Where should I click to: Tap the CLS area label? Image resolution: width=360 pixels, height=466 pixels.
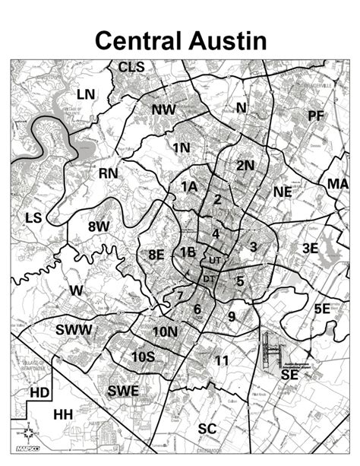tap(131, 68)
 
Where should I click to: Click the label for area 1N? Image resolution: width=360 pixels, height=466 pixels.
tap(182, 147)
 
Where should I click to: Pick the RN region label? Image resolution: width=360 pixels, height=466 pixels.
tap(109, 173)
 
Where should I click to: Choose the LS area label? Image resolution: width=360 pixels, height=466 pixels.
tap(33, 218)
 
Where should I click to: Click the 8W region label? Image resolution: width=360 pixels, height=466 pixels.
tap(99, 226)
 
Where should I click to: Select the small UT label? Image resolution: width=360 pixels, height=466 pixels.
tap(214, 260)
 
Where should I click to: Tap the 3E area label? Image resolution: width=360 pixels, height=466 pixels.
tap(310, 248)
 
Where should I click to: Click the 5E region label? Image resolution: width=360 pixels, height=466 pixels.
tap(322, 308)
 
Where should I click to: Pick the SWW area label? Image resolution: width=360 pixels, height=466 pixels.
tap(74, 329)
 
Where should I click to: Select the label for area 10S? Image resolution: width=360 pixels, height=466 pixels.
tap(143, 356)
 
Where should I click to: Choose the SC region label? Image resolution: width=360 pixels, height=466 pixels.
tap(207, 429)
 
